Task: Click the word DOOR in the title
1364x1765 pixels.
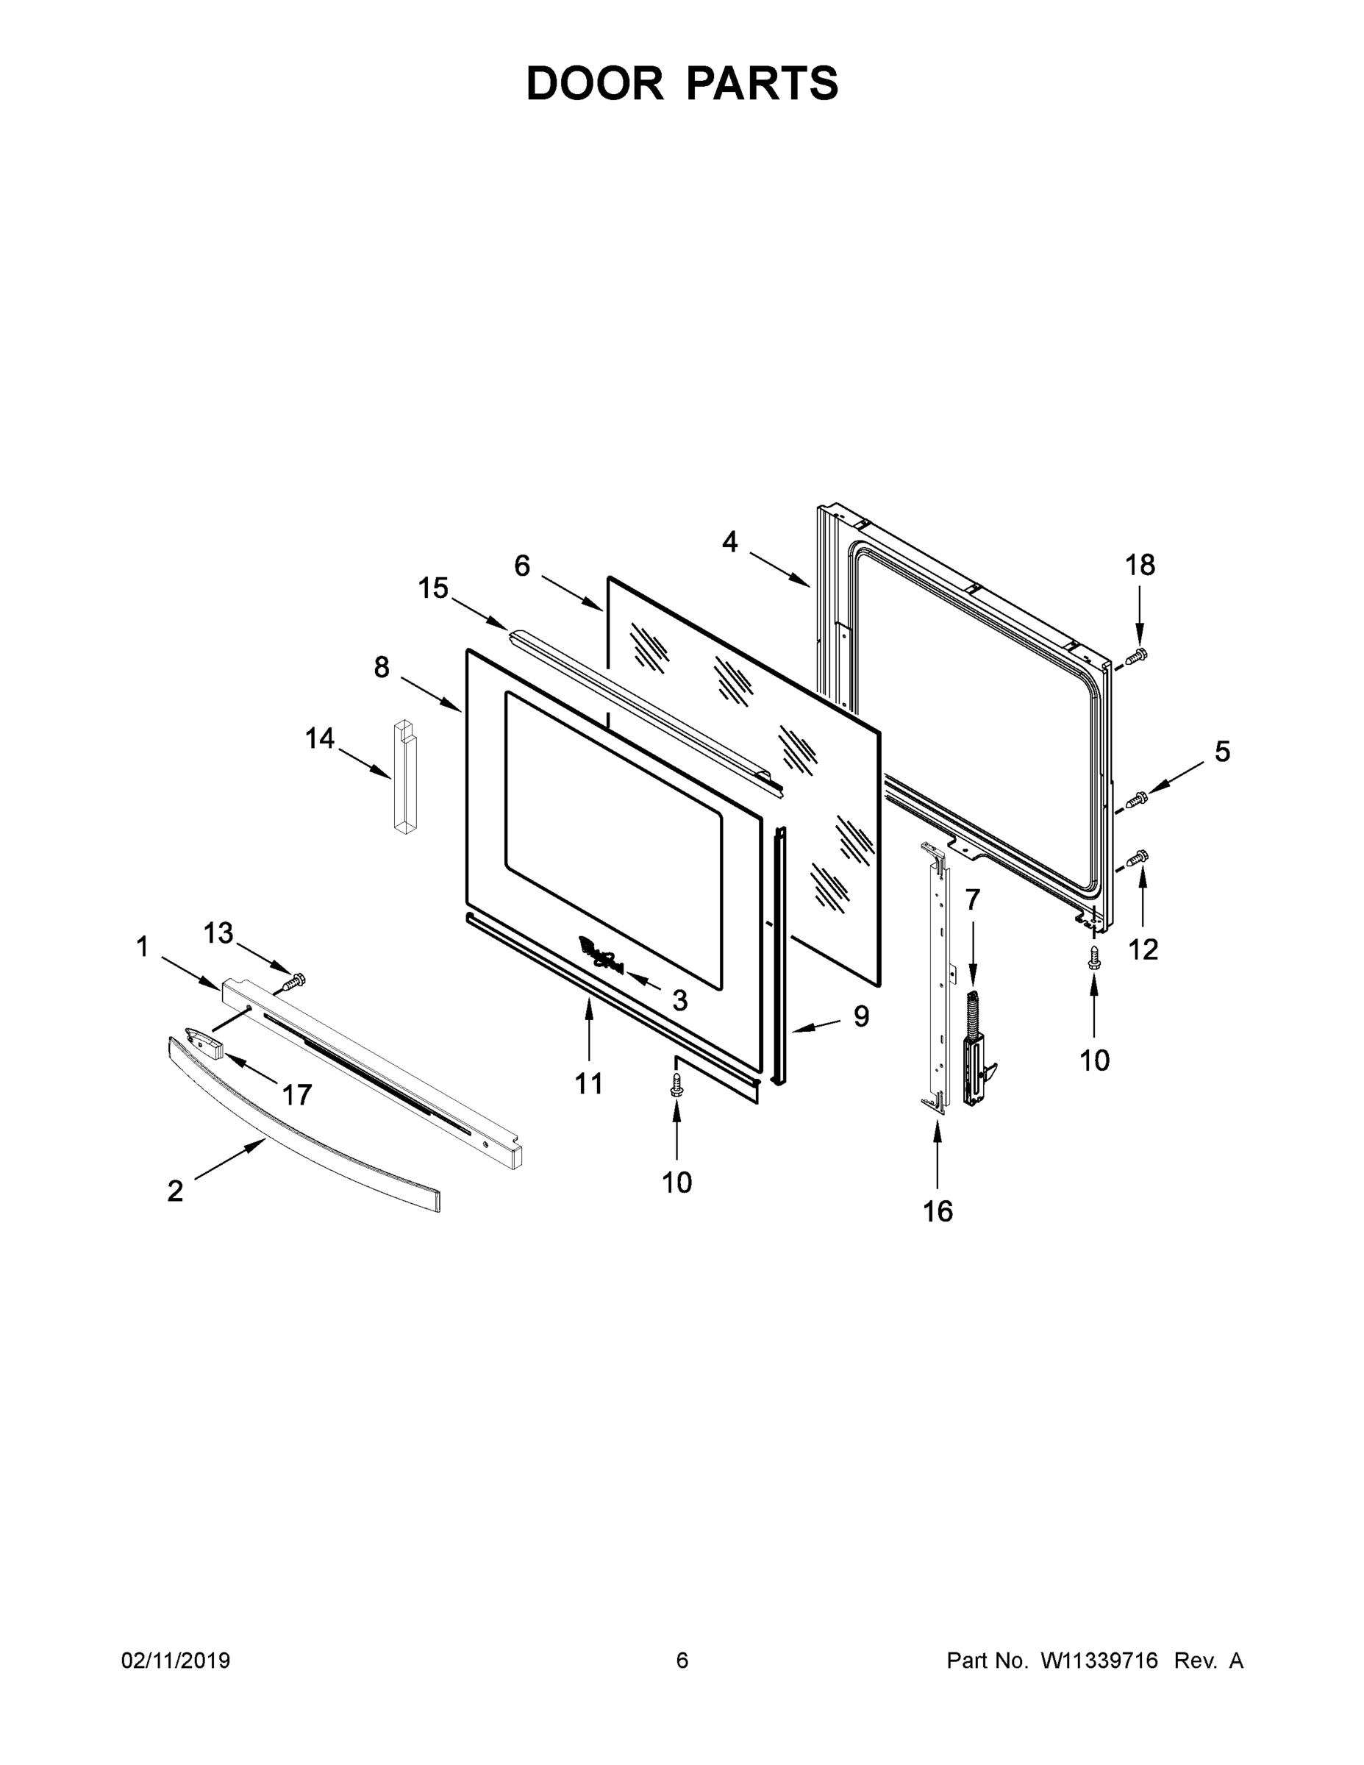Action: click(x=595, y=83)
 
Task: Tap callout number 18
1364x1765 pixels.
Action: click(x=1140, y=566)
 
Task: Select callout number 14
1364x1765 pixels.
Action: click(x=320, y=738)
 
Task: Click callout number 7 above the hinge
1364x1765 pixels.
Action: click(x=972, y=899)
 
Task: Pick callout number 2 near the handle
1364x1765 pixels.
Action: click(x=175, y=1191)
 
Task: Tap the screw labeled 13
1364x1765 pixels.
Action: click(x=293, y=982)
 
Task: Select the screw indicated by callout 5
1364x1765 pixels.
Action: click(x=1138, y=799)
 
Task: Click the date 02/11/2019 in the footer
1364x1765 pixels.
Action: click(x=175, y=1660)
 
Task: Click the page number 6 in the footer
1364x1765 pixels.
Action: click(x=682, y=1660)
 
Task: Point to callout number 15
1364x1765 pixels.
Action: click(x=433, y=588)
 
